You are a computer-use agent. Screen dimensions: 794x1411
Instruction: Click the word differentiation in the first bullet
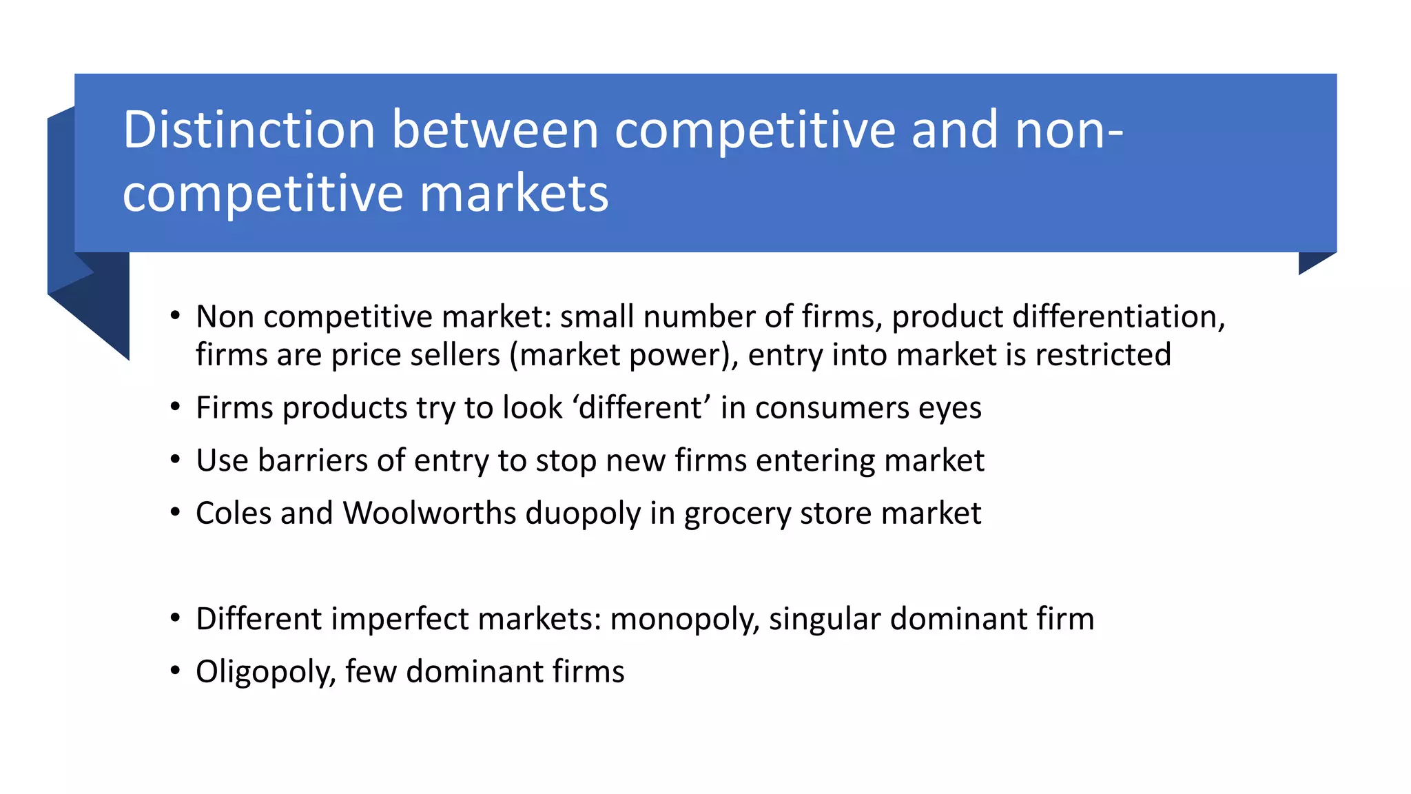click(x=1118, y=317)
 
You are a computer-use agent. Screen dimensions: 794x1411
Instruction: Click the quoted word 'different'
click(x=640, y=407)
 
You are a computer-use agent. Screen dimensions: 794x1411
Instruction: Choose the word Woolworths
click(x=430, y=513)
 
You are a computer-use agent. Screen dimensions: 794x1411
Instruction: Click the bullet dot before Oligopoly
click(x=176, y=671)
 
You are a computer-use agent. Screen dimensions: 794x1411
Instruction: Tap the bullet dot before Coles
click(x=176, y=513)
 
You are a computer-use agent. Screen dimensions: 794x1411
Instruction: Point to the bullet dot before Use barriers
click(x=176, y=460)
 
